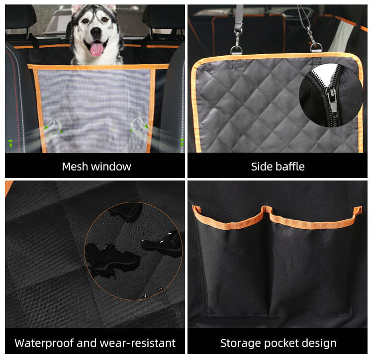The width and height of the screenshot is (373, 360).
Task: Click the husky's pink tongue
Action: pyautogui.click(x=96, y=49)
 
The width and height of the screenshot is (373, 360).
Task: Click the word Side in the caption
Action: pyautogui.click(x=261, y=167)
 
